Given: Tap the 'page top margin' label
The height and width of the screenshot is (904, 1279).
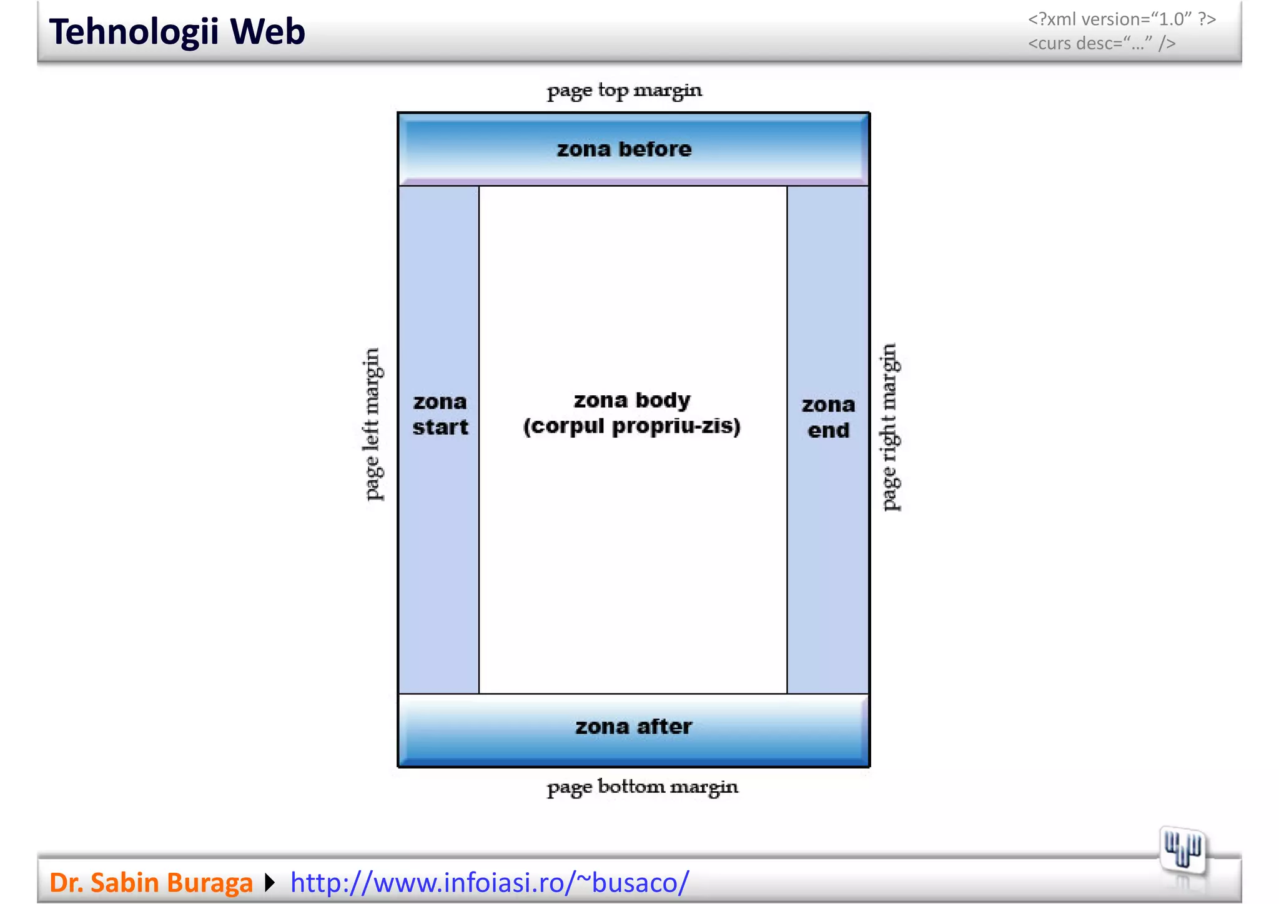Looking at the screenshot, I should [x=624, y=91].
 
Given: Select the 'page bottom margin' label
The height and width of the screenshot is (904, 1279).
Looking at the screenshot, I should [x=642, y=787].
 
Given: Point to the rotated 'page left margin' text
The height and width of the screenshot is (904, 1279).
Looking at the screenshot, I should [x=372, y=425].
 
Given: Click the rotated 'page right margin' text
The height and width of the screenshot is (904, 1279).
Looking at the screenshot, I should [x=890, y=427].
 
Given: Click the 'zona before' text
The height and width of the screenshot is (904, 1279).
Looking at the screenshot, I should [x=624, y=149].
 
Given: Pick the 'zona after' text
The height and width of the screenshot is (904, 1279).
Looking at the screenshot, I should [x=633, y=727].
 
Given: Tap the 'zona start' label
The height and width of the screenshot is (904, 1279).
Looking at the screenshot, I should [x=440, y=415].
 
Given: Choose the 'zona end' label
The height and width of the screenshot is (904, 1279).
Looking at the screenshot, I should [x=828, y=417].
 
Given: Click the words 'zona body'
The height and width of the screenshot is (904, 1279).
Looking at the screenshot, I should [x=632, y=400].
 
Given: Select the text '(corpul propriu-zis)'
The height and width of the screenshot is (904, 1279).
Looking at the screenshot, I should [x=632, y=426].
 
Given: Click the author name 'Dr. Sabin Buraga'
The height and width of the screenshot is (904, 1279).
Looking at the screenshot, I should [x=151, y=883].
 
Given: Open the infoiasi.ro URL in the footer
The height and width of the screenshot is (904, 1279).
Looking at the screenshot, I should [x=490, y=883].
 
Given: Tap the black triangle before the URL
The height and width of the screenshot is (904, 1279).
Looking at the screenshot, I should [x=270, y=883].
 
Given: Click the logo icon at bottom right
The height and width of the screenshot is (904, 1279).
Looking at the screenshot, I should [x=1182, y=850].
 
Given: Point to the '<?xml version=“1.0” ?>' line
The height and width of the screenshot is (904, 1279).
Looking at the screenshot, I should [x=1122, y=19].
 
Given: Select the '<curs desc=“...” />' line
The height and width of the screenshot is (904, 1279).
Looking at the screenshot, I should [x=1102, y=43].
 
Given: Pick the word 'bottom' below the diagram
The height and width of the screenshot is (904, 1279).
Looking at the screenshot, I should [x=631, y=786].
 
